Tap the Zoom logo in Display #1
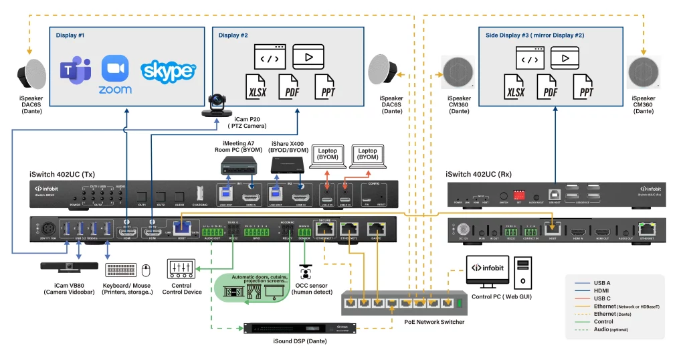point(115,74)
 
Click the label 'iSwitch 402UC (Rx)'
point(479,175)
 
